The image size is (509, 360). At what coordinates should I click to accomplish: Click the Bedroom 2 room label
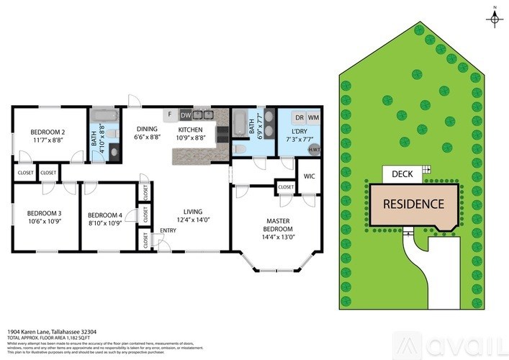pos(48,132)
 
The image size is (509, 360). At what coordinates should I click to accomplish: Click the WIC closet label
pos(310,176)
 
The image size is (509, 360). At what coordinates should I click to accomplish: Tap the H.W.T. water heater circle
pos(314,149)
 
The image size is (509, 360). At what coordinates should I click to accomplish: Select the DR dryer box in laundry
pos(298,117)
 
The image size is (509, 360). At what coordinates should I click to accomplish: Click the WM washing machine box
pos(313,117)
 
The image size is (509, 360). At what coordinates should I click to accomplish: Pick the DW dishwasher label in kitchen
pos(186,114)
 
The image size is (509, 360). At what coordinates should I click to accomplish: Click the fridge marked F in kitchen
pos(170,114)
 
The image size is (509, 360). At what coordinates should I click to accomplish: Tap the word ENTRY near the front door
pos(168,230)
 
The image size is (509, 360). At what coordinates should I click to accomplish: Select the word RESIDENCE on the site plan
pos(413,204)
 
